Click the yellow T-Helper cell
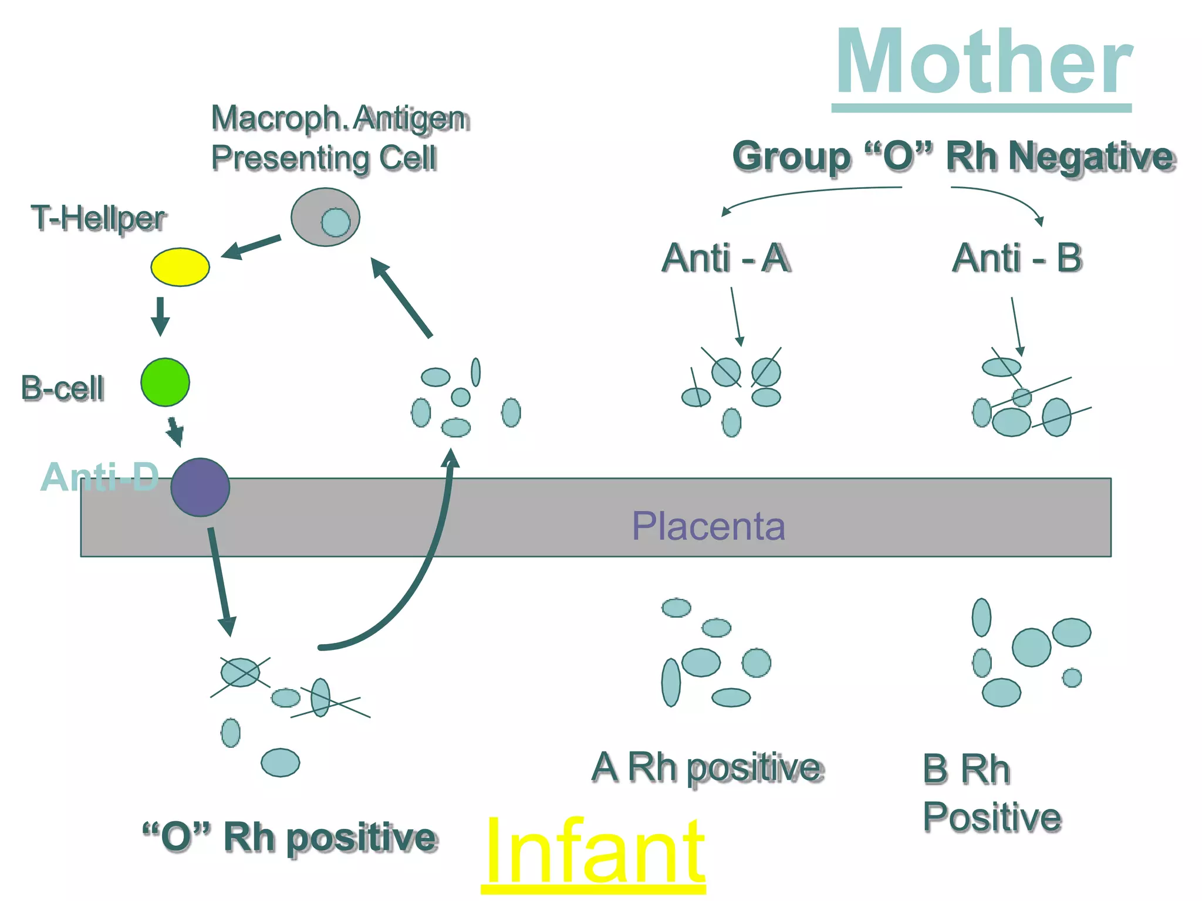point(180,267)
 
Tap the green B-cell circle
point(165,382)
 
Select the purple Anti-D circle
point(200,487)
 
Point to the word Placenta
point(708,526)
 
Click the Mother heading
point(983,63)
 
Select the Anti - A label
point(725,258)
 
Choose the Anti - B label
point(1017,258)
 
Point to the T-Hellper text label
point(98,218)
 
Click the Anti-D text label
point(100,477)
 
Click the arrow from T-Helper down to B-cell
point(160,317)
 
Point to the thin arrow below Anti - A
point(736,317)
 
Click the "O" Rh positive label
point(290,837)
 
